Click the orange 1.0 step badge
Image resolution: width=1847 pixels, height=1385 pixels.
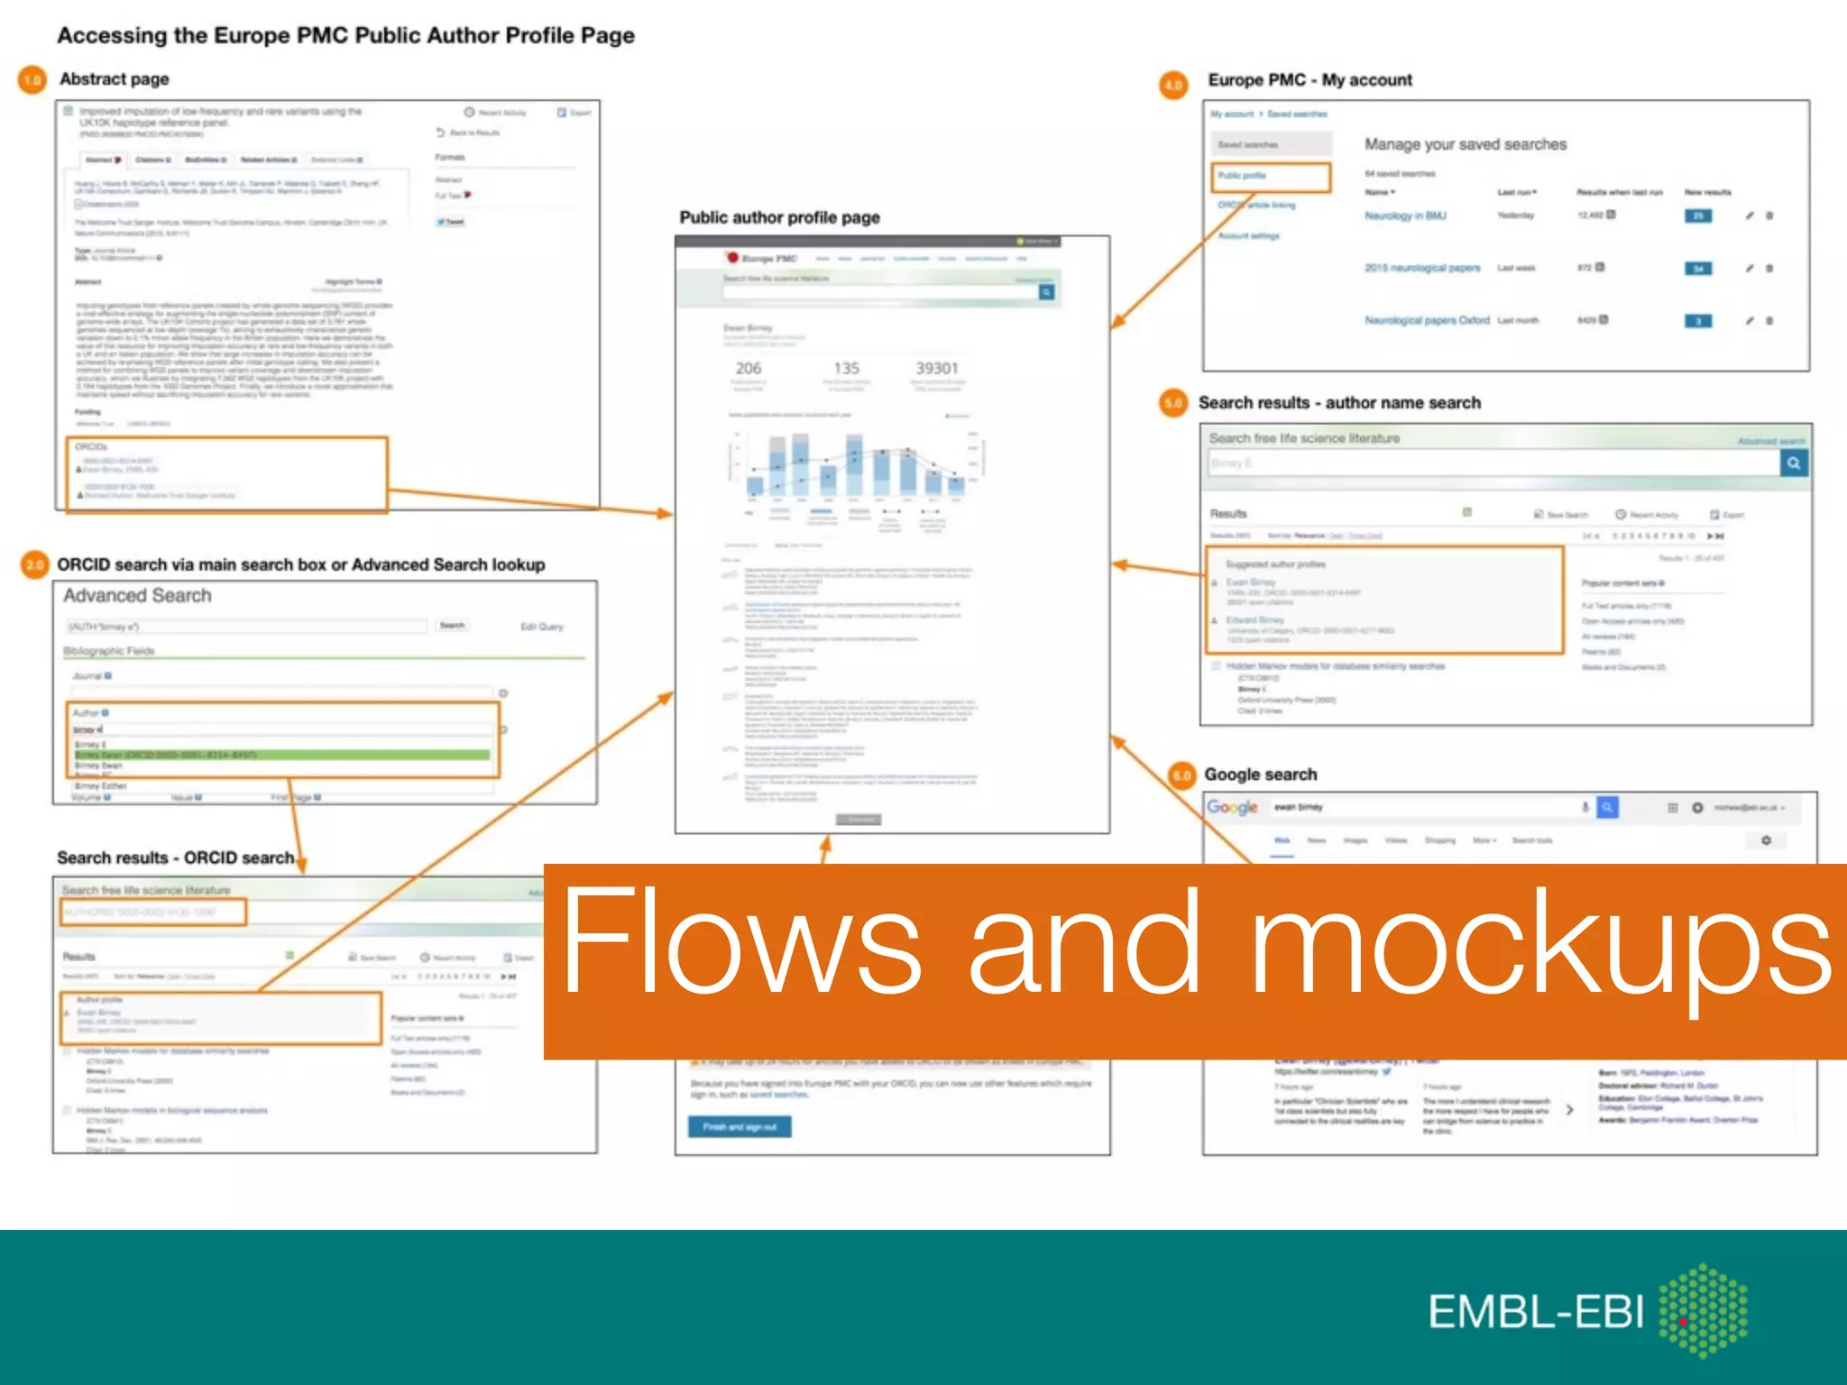(x=32, y=80)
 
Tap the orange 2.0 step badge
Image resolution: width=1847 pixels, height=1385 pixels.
(x=34, y=564)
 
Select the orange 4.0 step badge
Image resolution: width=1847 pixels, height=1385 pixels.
(x=1173, y=85)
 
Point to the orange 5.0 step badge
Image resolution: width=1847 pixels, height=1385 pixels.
(x=1173, y=403)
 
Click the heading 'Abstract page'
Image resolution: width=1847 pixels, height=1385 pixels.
(x=115, y=79)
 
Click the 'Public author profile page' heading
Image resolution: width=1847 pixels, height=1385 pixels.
(x=779, y=217)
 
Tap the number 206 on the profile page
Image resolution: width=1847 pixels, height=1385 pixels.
(x=748, y=368)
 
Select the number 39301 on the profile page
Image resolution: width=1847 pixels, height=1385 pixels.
(x=936, y=368)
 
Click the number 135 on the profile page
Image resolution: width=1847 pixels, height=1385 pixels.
(x=846, y=368)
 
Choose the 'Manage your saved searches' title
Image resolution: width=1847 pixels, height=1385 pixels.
(x=1465, y=144)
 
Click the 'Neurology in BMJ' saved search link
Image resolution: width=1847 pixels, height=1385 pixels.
(x=1405, y=216)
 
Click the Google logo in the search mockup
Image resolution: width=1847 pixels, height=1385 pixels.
(x=1232, y=807)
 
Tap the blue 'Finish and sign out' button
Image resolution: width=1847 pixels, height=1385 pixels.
(x=740, y=1126)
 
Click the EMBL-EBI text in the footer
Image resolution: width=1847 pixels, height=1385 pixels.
(x=1535, y=1312)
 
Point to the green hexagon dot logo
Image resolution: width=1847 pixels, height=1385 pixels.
(x=1704, y=1310)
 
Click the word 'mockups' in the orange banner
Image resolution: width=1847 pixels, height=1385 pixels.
(x=1540, y=942)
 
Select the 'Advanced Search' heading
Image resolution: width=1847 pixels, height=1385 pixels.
(x=137, y=596)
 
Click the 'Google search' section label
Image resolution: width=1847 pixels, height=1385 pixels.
(x=1260, y=775)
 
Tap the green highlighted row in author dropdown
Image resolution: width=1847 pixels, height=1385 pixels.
(x=281, y=755)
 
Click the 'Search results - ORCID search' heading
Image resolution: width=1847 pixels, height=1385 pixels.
(x=175, y=858)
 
